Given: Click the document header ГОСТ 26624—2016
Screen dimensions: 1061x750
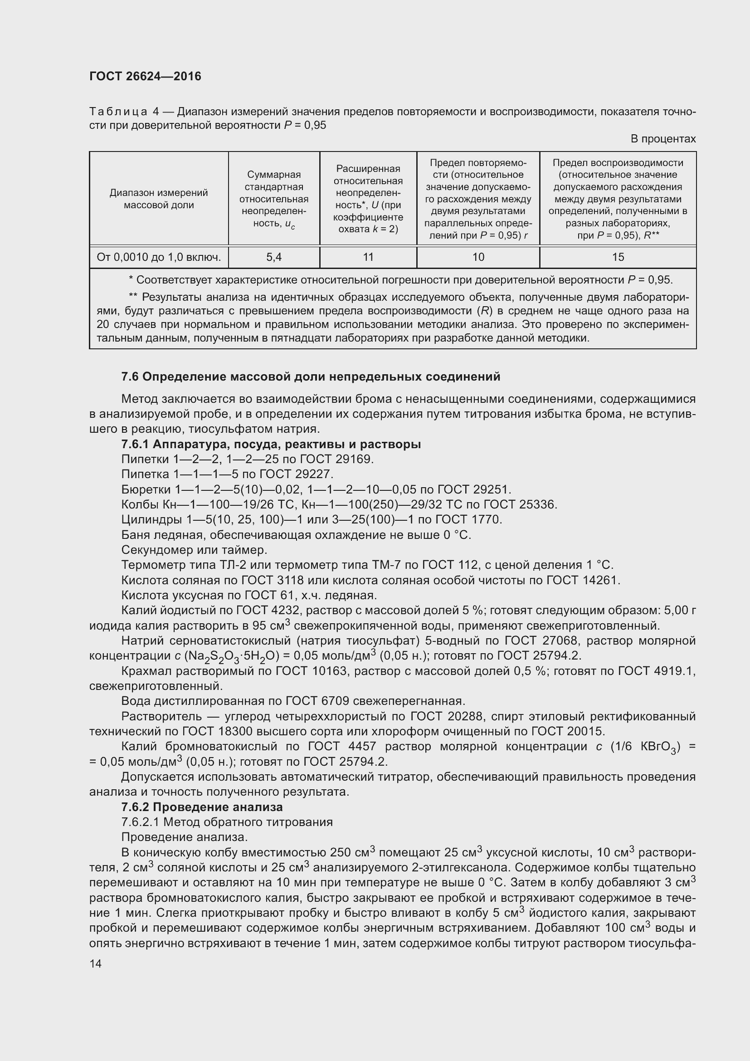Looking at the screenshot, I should pyautogui.click(x=145, y=76).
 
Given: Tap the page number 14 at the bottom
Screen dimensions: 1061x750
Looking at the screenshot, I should pyautogui.click(x=96, y=963).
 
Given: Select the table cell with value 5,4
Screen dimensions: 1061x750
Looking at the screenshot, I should pyautogui.click(x=274, y=257).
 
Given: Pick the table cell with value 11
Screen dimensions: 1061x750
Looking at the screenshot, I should pyautogui.click(x=368, y=257).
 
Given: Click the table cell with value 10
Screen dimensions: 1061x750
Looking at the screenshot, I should pyautogui.click(x=478, y=257).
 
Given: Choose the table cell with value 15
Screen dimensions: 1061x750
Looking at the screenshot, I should pyautogui.click(x=618, y=257).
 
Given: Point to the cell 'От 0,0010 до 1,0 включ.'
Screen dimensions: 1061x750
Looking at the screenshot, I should pyautogui.click(x=159, y=257).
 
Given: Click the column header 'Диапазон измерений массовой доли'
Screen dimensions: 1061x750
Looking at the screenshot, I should pyautogui.click(x=159, y=199).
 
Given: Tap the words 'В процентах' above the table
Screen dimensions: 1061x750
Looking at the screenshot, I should pyautogui.click(x=663, y=139).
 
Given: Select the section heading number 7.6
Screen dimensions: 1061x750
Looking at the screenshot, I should pyautogui.click(x=130, y=376).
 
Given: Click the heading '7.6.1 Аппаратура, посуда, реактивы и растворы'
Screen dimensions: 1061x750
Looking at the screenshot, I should pyautogui.click(x=271, y=444).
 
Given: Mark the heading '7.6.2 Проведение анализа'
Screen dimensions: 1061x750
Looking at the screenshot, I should pyautogui.click(x=202, y=807).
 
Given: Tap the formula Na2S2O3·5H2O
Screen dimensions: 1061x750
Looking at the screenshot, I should pyautogui.click(x=229, y=656).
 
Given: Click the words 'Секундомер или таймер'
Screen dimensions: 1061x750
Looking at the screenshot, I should pyautogui.click(x=194, y=550).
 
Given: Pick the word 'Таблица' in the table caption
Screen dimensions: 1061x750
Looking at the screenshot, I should pyautogui.click(x=118, y=112).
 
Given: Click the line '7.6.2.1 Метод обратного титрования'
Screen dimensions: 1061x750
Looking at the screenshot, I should pyautogui.click(x=227, y=822).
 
